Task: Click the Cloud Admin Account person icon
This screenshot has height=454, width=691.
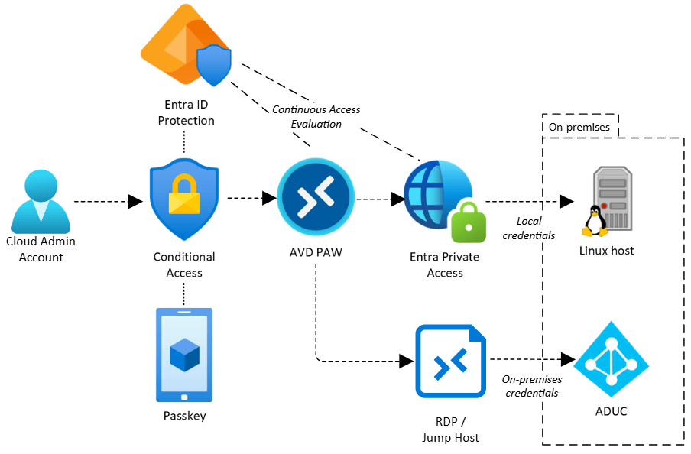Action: point(40,200)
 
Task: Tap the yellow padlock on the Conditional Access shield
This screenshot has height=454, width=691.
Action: point(183,193)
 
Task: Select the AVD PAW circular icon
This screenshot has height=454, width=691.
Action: point(316,198)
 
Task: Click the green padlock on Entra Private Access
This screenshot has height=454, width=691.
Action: point(468,222)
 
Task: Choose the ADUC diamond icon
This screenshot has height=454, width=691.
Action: point(611,358)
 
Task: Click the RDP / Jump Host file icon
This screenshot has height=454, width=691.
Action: point(450,361)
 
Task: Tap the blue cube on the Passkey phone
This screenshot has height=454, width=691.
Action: point(184,355)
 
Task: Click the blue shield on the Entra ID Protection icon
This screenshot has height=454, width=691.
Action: point(213,66)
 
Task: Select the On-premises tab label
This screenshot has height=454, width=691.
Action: point(579,127)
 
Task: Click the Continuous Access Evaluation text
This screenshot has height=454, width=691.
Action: point(316,116)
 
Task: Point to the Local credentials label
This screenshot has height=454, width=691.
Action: point(529,229)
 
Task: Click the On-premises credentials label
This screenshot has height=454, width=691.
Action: point(531,386)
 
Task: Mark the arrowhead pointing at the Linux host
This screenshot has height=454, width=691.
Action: point(566,202)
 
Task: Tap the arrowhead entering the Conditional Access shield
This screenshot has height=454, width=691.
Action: point(135,201)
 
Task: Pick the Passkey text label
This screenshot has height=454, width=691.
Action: point(184,417)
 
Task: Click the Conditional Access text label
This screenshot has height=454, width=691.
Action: point(184,264)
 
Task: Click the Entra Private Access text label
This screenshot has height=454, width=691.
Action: point(446,264)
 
